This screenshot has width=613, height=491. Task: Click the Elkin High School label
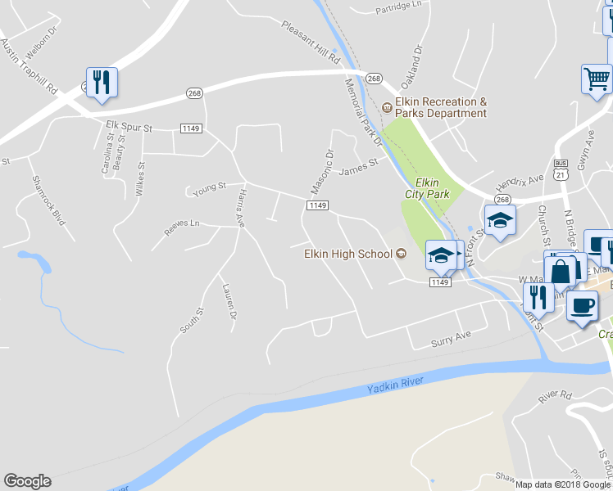pyautogui.click(x=349, y=254)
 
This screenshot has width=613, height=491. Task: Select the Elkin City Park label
pyautogui.click(x=427, y=188)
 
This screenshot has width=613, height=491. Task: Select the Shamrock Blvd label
pyautogui.click(x=48, y=200)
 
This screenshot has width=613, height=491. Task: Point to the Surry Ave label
pyautogui.click(x=452, y=336)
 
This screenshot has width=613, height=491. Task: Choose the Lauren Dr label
pyautogui.click(x=230, y=301)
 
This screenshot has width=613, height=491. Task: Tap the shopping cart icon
pyautogui.click(x=597, y=79)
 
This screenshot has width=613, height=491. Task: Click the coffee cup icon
pyautogui.click(x=582, y=306)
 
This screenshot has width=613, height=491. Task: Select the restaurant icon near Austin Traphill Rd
pyautogui.click(x=102, y=82)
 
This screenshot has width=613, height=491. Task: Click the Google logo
pyautogui.click(x=27, y=481)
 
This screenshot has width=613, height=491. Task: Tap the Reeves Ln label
pyautogui.click(x=182, y=223)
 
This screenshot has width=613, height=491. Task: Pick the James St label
pyautogui.click(x=358, y=168)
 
